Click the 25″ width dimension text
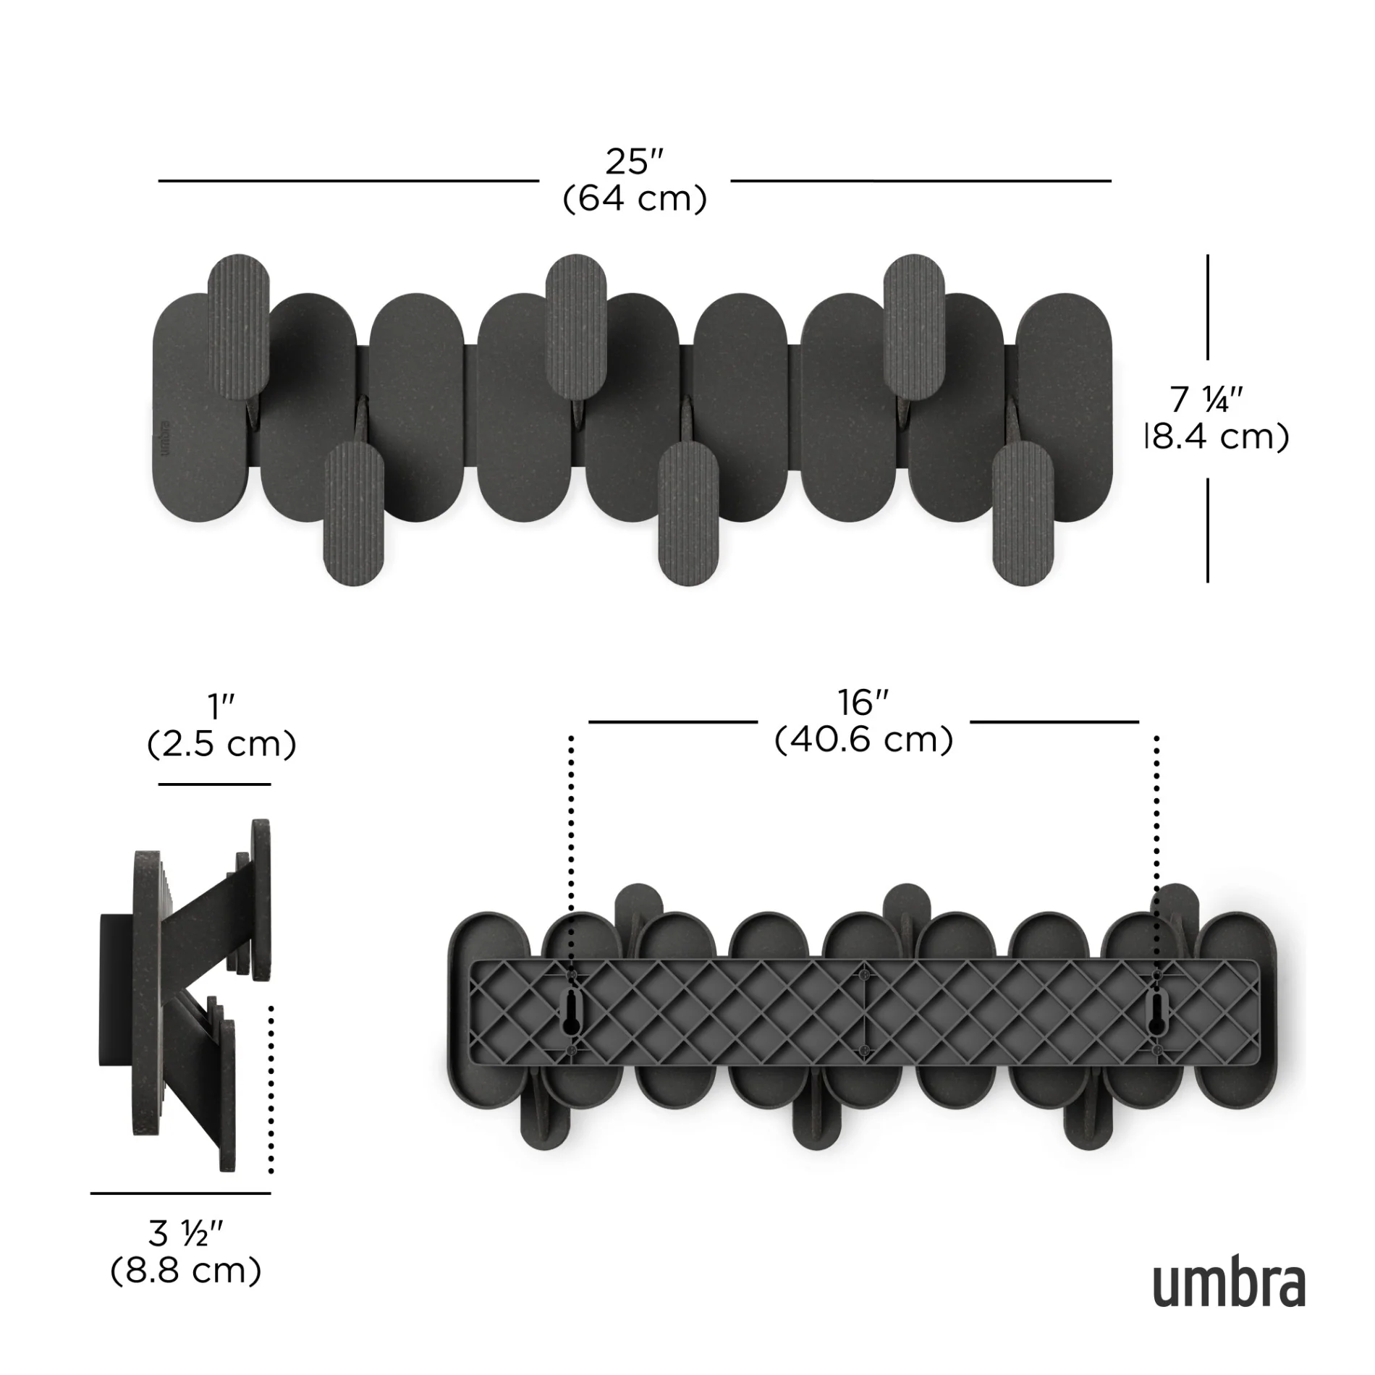point(635,162)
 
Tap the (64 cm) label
point(635,198)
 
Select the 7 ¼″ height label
point(1206,399)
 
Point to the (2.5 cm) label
point(221,744)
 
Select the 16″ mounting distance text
point(863,703)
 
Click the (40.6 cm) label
point(863,740)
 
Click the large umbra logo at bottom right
point(1229,1285)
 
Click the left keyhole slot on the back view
point(572,1012)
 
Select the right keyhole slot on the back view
point(1156,1012)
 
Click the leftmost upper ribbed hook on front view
point(239,327)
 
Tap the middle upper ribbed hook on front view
point(576,327)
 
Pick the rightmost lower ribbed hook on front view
point(1022,512)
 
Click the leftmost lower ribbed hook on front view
point(354,512)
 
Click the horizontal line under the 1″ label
point(214,784)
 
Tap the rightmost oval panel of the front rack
point(1064,407)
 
